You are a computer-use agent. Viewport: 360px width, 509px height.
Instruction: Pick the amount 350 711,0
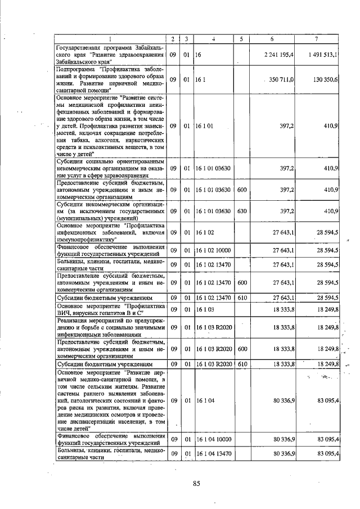coord(282,80)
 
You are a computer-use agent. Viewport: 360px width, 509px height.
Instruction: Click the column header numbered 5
coord(241,38)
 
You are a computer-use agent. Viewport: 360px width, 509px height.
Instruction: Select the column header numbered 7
coord(316,38)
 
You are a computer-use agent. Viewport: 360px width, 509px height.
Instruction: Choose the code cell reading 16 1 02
coord(204,232)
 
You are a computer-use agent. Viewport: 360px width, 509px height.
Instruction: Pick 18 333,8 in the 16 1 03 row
coord(284,309)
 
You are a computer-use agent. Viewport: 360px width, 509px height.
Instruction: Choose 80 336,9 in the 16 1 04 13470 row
coord(284,453)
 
